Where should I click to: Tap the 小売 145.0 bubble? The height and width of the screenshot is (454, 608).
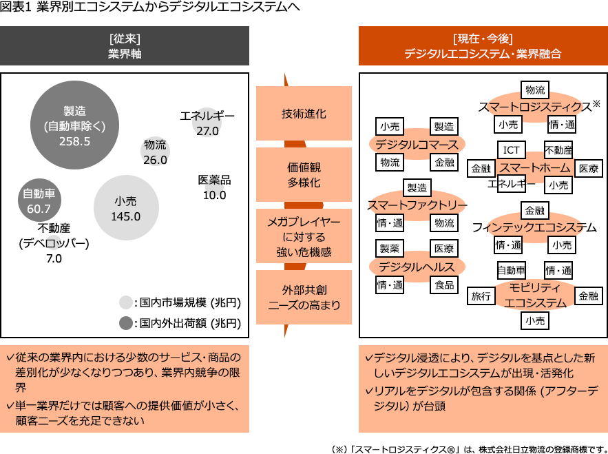126,208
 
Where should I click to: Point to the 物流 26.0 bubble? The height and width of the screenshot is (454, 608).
155,152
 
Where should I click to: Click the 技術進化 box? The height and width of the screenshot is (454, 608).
304,114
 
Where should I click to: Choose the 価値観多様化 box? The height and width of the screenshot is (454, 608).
304,175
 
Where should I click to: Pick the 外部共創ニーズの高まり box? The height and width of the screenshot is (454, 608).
304,297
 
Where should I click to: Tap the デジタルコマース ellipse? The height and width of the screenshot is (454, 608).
417,145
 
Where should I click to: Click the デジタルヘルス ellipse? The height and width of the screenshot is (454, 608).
417,267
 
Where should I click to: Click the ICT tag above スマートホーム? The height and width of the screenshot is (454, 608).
511,150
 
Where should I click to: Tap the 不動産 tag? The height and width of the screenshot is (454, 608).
558,150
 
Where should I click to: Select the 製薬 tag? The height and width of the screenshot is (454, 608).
390,249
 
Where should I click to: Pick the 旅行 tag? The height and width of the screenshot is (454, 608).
481,296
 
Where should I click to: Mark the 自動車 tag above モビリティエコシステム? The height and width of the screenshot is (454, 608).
511,271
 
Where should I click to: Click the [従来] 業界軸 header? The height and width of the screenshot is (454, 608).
125,45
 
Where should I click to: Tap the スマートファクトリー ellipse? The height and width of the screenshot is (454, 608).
417,206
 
